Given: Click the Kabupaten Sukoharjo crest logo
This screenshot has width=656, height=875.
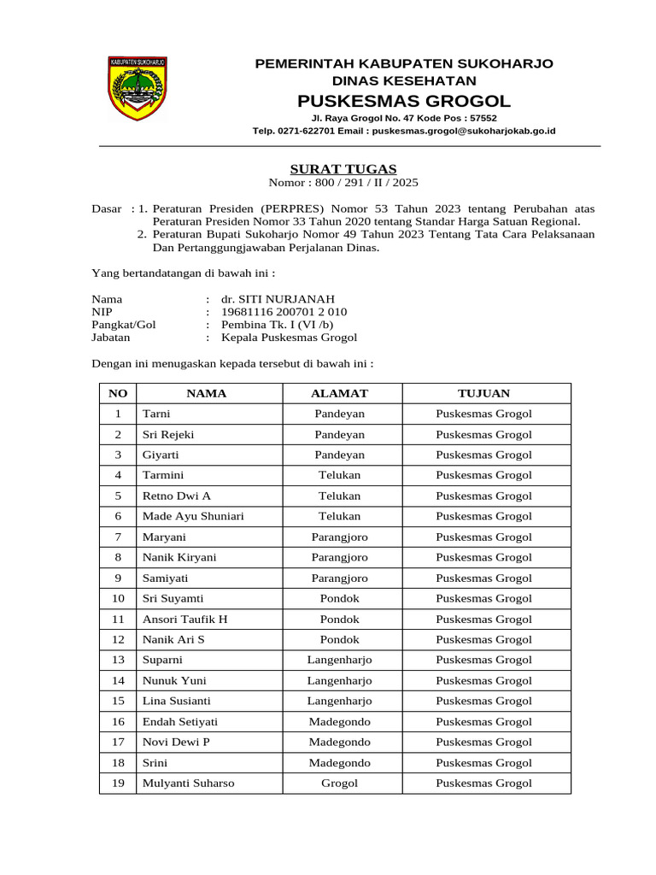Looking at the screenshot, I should coord(137,88).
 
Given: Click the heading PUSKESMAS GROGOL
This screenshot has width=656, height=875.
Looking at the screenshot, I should coord(405,100).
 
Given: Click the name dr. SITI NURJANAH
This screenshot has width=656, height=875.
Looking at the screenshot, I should coord(272,299).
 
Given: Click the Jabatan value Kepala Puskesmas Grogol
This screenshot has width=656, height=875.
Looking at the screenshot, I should coord(289,338).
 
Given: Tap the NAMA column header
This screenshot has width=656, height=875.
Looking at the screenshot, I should coord(207,393).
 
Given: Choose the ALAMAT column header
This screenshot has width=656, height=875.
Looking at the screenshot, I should coord(339,393).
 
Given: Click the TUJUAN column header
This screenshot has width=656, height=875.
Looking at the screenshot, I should coord(483,393).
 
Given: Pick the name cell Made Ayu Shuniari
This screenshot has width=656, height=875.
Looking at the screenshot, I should coord(193,516).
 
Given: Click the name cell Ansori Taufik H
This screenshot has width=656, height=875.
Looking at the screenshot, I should coord(184,619).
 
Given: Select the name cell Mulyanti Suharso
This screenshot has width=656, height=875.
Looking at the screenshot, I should coord(188,783).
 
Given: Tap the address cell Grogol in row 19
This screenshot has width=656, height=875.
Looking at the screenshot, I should coord(339,783).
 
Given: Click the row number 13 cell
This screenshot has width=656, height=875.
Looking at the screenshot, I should coord(118,660).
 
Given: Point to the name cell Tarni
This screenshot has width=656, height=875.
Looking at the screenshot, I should coord(156,414).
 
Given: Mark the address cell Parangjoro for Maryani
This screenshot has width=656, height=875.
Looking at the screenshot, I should coord(339,537).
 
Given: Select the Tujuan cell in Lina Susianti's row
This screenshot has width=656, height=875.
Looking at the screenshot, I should coord(483,701).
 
